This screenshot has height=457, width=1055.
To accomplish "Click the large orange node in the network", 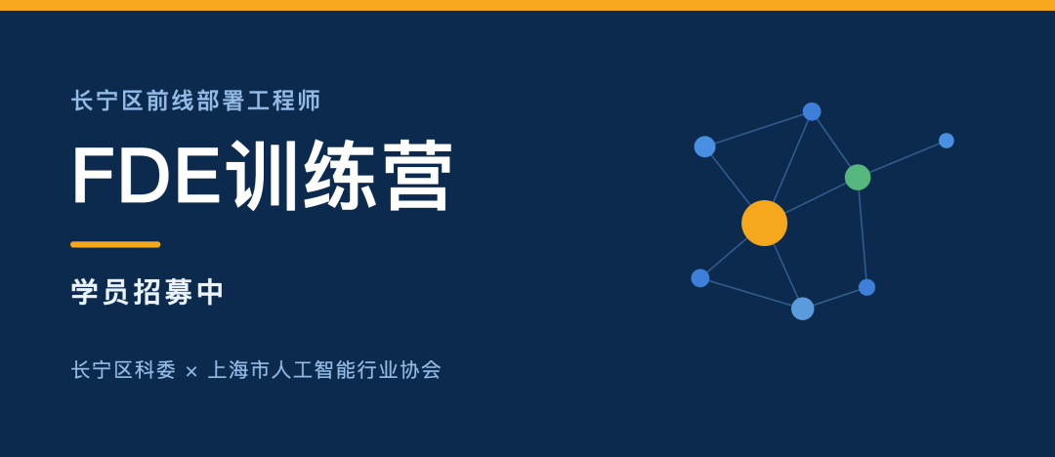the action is click(764, 223).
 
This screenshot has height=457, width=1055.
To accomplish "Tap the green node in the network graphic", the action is click(858, 177).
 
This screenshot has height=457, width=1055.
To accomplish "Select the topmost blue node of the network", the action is click(812, 111).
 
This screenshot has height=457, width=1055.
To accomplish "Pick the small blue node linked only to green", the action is click(946, 141).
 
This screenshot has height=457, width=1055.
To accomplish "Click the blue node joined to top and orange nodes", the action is click(704, 146).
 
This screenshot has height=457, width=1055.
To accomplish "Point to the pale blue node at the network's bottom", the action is click(803, 309).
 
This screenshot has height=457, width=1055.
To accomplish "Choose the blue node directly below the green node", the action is click(866, 287).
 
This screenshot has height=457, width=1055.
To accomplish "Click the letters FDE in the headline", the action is click(146, 175).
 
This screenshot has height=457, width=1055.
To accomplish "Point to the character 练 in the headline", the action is click(339, 175).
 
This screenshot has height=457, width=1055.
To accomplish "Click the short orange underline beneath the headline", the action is click(115, 244).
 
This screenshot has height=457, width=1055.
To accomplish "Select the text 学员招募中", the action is click(147, 292).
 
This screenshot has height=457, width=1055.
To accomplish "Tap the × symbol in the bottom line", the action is click(191, 371).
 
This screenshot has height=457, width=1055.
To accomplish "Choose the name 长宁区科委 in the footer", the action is click(123, 370).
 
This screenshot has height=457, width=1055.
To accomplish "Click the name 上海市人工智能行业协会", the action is click(324, 370).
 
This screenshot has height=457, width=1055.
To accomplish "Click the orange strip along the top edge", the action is click(527, 6).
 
